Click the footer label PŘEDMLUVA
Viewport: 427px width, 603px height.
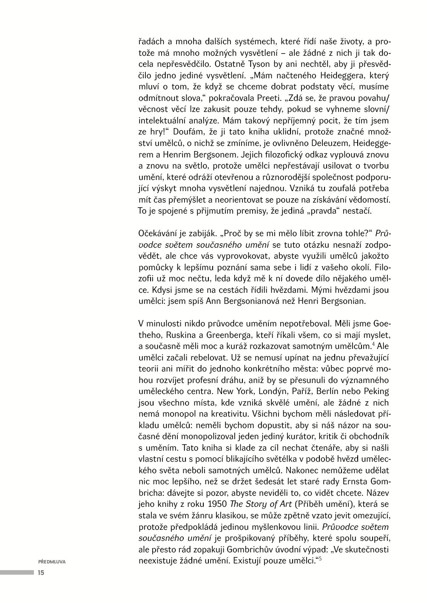click(x=52, y=561)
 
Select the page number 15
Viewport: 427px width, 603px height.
click(x=41, y=572)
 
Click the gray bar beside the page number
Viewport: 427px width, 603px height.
click(x=17, y=572)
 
